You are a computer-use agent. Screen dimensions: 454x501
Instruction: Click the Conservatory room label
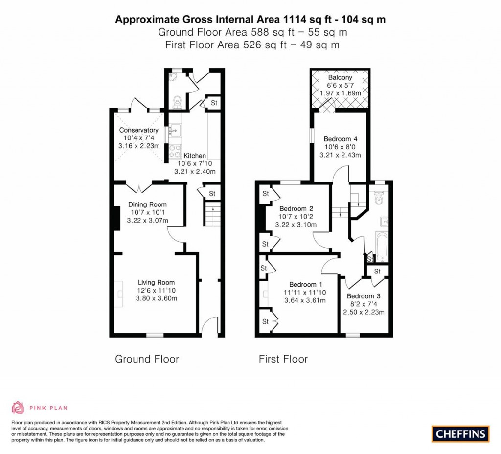click(139, 130)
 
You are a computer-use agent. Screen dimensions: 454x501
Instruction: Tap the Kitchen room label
click(195, 156)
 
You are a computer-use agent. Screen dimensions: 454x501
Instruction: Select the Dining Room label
click(147, 204)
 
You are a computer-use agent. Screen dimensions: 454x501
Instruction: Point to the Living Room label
click(156, 282)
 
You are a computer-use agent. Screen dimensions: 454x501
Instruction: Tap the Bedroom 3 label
click(364, 296)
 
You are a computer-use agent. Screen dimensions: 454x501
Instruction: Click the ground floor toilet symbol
click(178, 101)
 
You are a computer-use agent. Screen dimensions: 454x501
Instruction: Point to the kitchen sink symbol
click(174, 131)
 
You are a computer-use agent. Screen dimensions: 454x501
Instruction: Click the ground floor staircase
click(212, 215)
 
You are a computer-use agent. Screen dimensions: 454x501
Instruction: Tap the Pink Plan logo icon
click(18, 408)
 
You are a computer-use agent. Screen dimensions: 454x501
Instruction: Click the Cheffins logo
click(460, 433)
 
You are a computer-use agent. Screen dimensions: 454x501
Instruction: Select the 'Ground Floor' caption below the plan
click(147, 359)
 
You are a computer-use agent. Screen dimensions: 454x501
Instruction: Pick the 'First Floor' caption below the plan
click(283, 359)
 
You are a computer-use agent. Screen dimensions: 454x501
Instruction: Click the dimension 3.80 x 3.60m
click(156, 298)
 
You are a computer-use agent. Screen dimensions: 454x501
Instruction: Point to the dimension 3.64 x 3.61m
click(305, 300)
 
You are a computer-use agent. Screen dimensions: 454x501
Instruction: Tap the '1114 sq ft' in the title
click(308, 20)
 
